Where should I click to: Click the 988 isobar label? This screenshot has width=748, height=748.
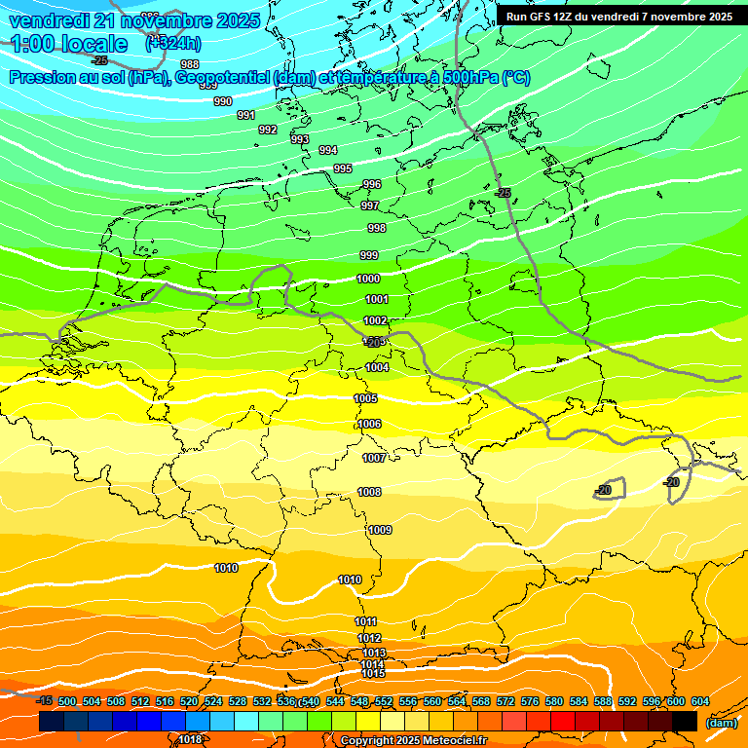click(x=190, y=65)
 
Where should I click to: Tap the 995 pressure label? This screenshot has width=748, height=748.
click(x=343, y=168)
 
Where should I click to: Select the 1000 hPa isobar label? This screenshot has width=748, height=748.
click(x=368, y=279)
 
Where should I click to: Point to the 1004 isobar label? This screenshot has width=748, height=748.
click(x=378, y=367)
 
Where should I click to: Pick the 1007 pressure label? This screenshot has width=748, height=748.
click(x=374, y=458)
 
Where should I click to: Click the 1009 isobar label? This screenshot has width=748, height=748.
click(x=380, y=530)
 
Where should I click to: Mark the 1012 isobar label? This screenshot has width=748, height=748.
click(x=369, y=638)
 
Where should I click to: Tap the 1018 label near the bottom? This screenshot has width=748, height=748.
click(x=190, y=739)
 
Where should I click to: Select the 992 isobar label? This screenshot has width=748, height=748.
click(x=268, y=130)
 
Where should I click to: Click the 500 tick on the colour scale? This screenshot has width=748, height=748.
click(x=67, y=701)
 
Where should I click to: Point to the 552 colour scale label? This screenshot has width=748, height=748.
click(x=384, y=701)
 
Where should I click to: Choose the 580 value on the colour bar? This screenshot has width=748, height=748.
click(x=554, y=701)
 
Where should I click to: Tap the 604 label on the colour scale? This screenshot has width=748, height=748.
click(x=700, y=701)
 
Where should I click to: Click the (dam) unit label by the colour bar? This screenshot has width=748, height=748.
click(x=721, y=722)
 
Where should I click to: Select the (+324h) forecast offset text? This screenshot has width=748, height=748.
click(x=173, y=43)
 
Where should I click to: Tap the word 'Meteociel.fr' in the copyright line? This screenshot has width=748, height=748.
click(x=451, y=740)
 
